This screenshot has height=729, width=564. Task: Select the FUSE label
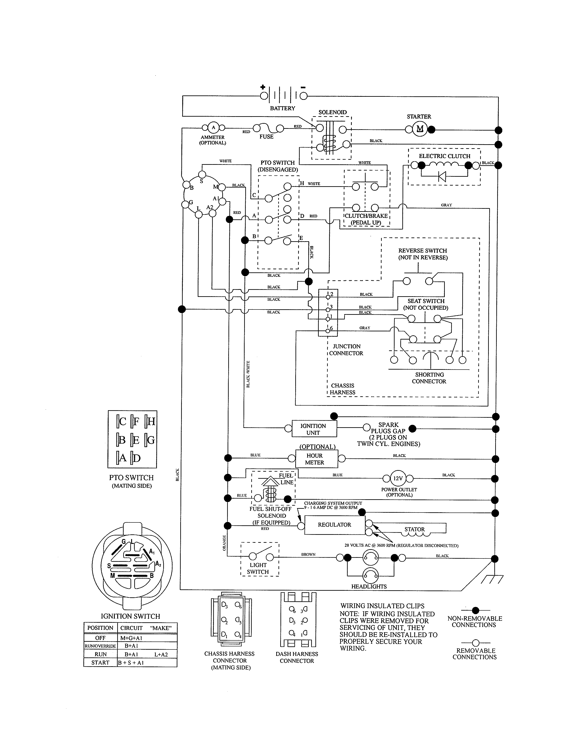click(266, 137)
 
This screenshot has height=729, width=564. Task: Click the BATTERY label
click(282, 108)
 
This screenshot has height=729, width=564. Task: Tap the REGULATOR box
click(334, 525)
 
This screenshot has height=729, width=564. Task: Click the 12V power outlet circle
click(398, 478)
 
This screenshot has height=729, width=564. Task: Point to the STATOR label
click(414, 529)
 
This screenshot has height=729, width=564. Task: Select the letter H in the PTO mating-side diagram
click(151, 421)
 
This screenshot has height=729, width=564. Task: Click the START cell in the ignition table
click(100, 663)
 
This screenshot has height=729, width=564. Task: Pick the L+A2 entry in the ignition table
click(161, 654)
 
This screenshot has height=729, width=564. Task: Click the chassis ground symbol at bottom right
click(492, 580)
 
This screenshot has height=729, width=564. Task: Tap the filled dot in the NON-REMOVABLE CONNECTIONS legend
click(476, 611)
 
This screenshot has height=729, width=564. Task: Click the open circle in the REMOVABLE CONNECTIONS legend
click(476, 643)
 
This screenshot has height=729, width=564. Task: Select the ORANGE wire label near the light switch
click(224, 543)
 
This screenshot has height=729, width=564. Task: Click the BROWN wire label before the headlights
click(308, 554)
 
